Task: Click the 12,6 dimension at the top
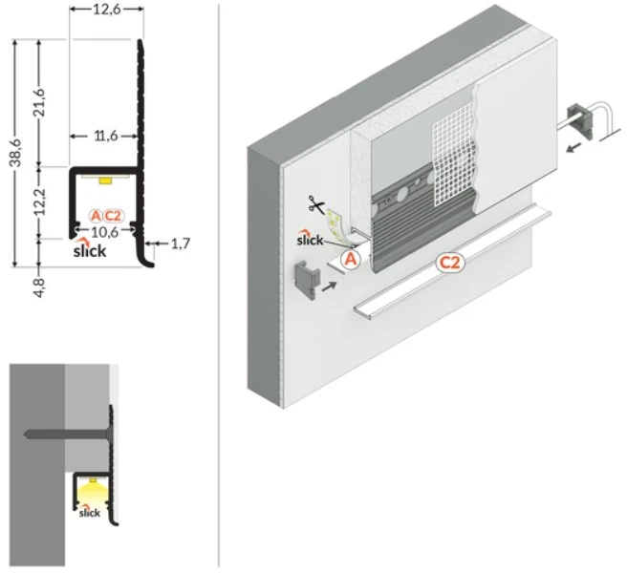click(x=107, y=9)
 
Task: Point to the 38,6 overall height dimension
click(x=16, y=152)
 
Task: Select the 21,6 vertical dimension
click(x=39, y=103)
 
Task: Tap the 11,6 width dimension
click(x=106, y=137)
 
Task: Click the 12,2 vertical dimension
click(x=40, y=202)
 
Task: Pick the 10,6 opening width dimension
click(x=105, y=232)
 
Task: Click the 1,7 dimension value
click(x=181, y=244)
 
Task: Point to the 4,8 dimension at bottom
click(x=39, y=286)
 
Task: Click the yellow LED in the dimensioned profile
click(x=105, y=180)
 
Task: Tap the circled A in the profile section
click(x=96, y=216)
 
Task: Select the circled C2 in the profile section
click(x=113, y=216)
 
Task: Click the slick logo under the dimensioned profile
click(x=90, y=248)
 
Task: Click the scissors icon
click(x=316, y=204)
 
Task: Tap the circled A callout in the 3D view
click(x=350, y=260)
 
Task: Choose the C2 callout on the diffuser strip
click(x=450, y=263)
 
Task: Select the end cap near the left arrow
click(x=308, y=279)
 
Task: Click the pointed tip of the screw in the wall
click(x=25, y=434)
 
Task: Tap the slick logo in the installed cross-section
click(x=89, y=512)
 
